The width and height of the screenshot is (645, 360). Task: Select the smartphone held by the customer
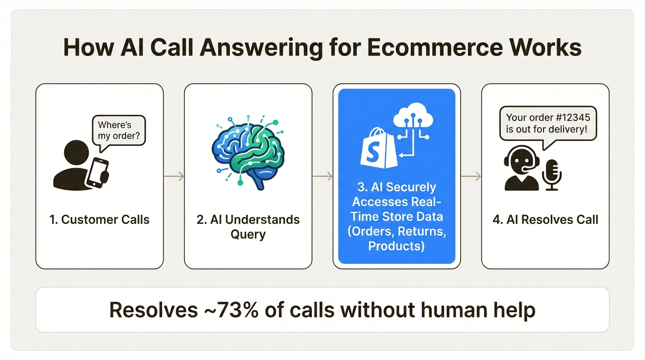click(97, 172)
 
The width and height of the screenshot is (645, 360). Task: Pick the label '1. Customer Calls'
click(99, 219)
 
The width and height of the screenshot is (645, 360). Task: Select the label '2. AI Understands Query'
click(248, 227)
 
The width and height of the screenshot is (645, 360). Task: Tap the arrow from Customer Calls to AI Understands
click(174, 176)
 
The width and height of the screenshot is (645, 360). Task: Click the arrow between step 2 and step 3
click(322, 176)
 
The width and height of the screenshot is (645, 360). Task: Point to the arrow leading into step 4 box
click(471, 176)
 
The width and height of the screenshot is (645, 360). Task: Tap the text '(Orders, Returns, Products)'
click(397, 238)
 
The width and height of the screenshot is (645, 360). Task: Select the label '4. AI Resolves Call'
click(545, 219)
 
